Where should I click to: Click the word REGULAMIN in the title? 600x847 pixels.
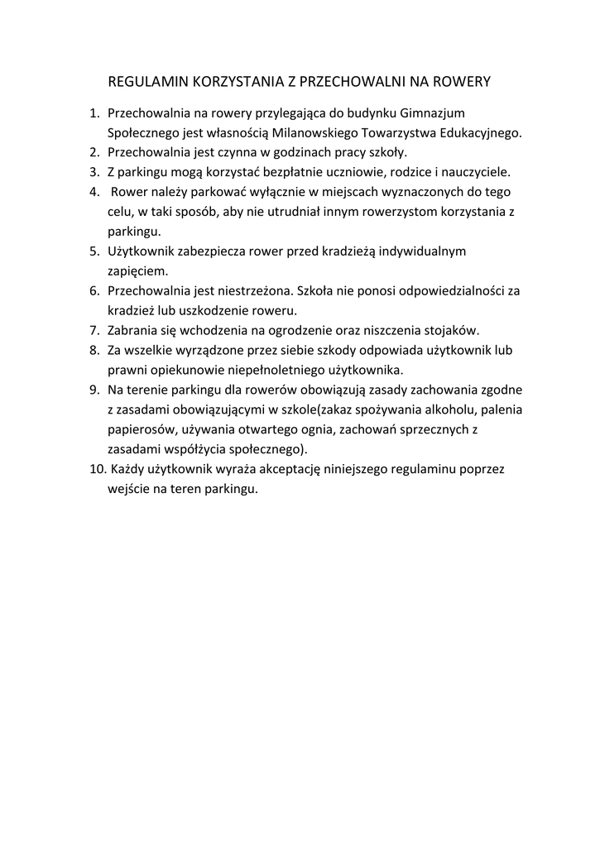[x=148, y=82]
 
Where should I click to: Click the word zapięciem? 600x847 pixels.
[x=137, y=270]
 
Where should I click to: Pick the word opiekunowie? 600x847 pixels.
[x=185, y=370]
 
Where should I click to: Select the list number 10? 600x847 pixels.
[x=97, y=469]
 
